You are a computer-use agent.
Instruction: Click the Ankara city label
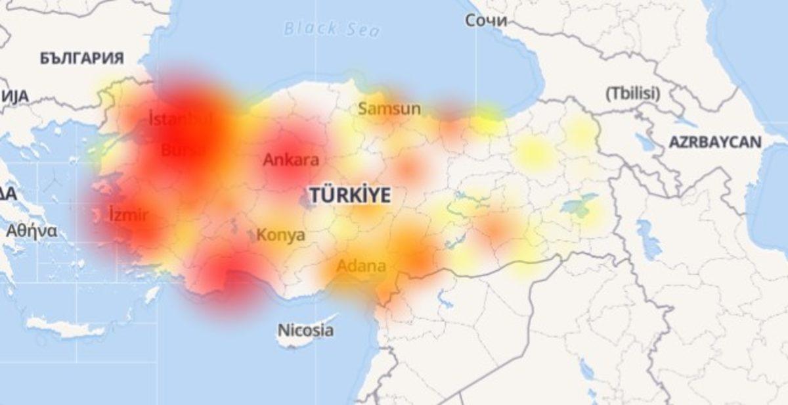point(291,160)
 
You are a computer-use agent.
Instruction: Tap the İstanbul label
point(180,120)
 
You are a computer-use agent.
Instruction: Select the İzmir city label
point(129,215)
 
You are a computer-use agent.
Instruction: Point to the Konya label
point(280,235)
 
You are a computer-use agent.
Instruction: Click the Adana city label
point(361,267)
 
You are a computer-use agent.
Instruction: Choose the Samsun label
point(389,109)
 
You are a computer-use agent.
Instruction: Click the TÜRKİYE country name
point(350,195)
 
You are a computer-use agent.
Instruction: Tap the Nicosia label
point(305,330)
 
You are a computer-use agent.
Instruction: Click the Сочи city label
point(486,21)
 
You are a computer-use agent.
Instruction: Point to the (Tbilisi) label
point(632,93)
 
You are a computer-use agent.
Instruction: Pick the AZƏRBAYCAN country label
point(715,142)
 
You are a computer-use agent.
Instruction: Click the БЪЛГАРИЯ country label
point(81,59)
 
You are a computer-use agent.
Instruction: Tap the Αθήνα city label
point(32,231)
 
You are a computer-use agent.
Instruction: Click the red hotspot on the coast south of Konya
point(230,279)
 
